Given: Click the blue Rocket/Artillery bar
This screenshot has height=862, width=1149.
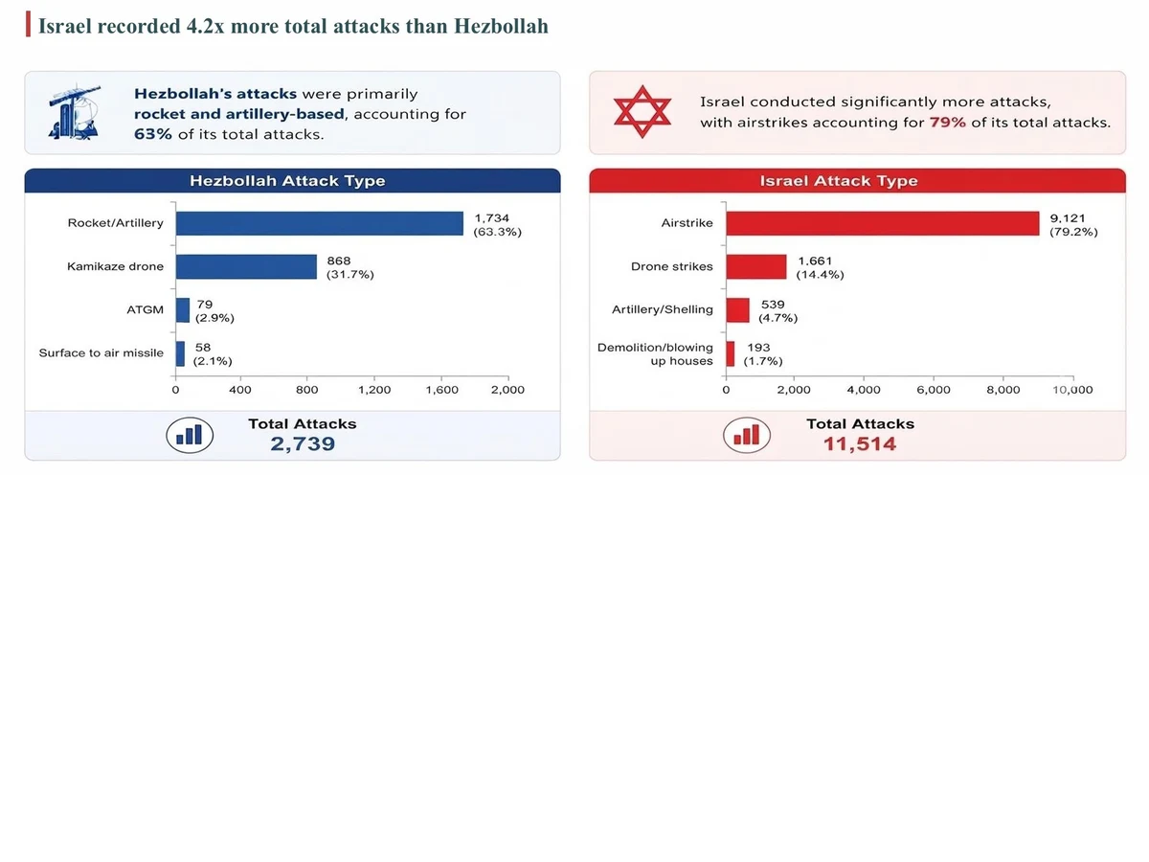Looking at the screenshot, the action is (x=319, y=223).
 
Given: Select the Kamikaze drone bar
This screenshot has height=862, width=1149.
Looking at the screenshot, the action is (x=246, y=267).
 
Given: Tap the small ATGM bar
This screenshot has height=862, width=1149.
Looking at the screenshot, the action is (x=183, y=310).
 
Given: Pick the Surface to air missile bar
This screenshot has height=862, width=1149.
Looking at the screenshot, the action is (x=180, y=353).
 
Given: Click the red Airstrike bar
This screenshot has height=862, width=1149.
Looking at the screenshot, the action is (x=883, y=223).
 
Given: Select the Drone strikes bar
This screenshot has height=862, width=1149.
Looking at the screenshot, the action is (x=756, y=267).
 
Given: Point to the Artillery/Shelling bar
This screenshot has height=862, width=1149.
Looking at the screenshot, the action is (x=737, y=310).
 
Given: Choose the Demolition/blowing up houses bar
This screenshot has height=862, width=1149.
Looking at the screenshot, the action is (x=731, y=353).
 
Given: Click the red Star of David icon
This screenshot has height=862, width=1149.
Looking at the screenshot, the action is (x=642, y=111).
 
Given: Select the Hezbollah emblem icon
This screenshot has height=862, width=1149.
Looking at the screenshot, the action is (x=75, y=111).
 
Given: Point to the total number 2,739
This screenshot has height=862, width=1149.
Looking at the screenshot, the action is (x=303, y=443).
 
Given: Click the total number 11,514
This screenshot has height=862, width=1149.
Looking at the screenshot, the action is (x=860, y=443).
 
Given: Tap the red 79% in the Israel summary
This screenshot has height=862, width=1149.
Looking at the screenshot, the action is (x=948, y=123).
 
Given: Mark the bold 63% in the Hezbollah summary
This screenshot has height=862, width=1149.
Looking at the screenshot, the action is (x=153, y=134).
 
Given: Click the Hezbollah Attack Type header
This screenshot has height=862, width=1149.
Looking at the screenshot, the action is (x=287, y=181).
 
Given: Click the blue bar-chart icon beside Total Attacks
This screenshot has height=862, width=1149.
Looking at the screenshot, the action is (x=190, y=435).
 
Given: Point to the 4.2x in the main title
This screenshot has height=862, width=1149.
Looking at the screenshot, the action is (x=205, y=26).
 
